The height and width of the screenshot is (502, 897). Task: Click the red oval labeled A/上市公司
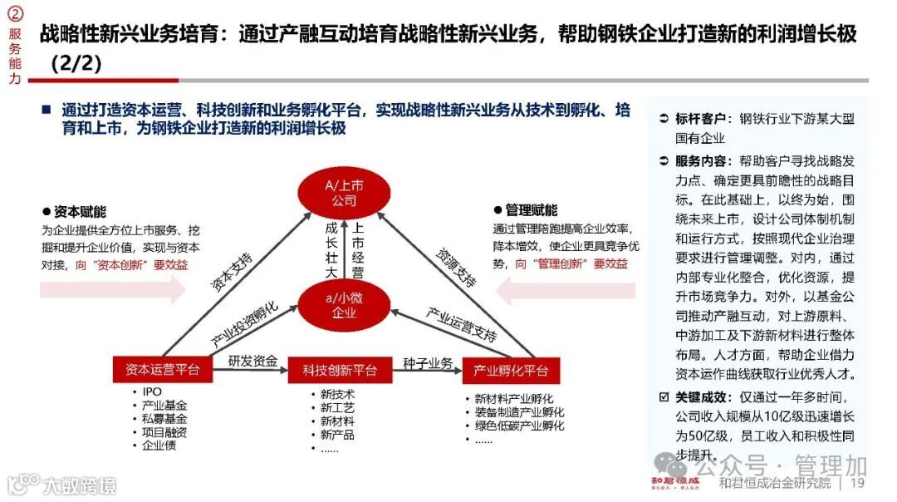tap(343, 193)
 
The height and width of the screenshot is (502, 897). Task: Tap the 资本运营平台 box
tap(162, 370)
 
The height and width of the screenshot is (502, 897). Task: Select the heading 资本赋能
tap(80, 212)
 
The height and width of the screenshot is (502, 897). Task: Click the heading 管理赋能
tap(531, 211)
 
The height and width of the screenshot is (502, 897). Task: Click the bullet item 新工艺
tap(337, 408)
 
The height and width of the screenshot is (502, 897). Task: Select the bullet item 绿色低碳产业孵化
tap(519, 426)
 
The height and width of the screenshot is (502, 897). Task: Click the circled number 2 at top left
tap(14, 15)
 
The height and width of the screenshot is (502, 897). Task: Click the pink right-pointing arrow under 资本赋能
tap(112, 289)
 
